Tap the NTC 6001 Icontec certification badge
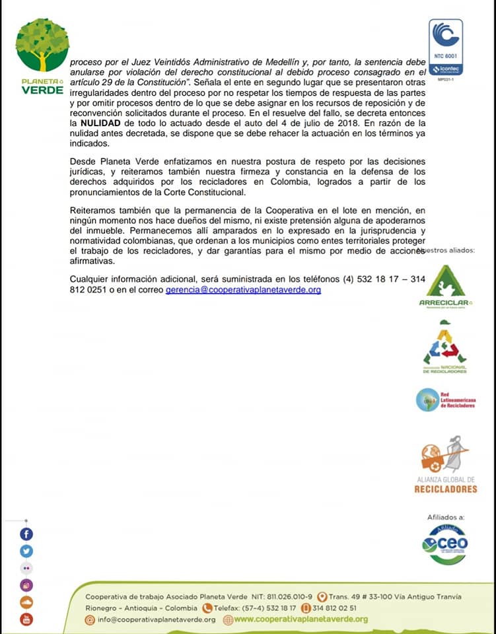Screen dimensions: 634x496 pos(446,47)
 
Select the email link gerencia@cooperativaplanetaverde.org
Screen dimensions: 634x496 pos(243,290)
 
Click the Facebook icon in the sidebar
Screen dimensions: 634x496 pos(26,534)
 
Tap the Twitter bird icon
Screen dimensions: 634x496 pos(26,551)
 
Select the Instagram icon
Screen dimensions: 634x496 pos(26,585)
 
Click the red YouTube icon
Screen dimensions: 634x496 pos(26,619)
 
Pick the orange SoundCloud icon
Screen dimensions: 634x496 pos(26,602)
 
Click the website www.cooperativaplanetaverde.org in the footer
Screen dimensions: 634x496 pos(301,619)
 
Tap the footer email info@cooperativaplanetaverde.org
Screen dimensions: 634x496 pos(156,619)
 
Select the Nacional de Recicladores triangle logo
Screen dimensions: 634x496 pos(444,347)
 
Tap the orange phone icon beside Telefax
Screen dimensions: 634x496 pos(207,608)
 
